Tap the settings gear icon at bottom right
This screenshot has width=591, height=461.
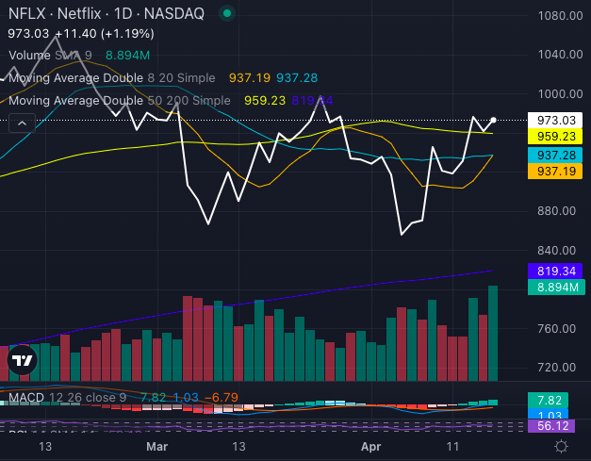click(562, 445)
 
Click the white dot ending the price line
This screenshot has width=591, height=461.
click(494, 120)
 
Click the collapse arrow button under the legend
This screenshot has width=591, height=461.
click(21, 123)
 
